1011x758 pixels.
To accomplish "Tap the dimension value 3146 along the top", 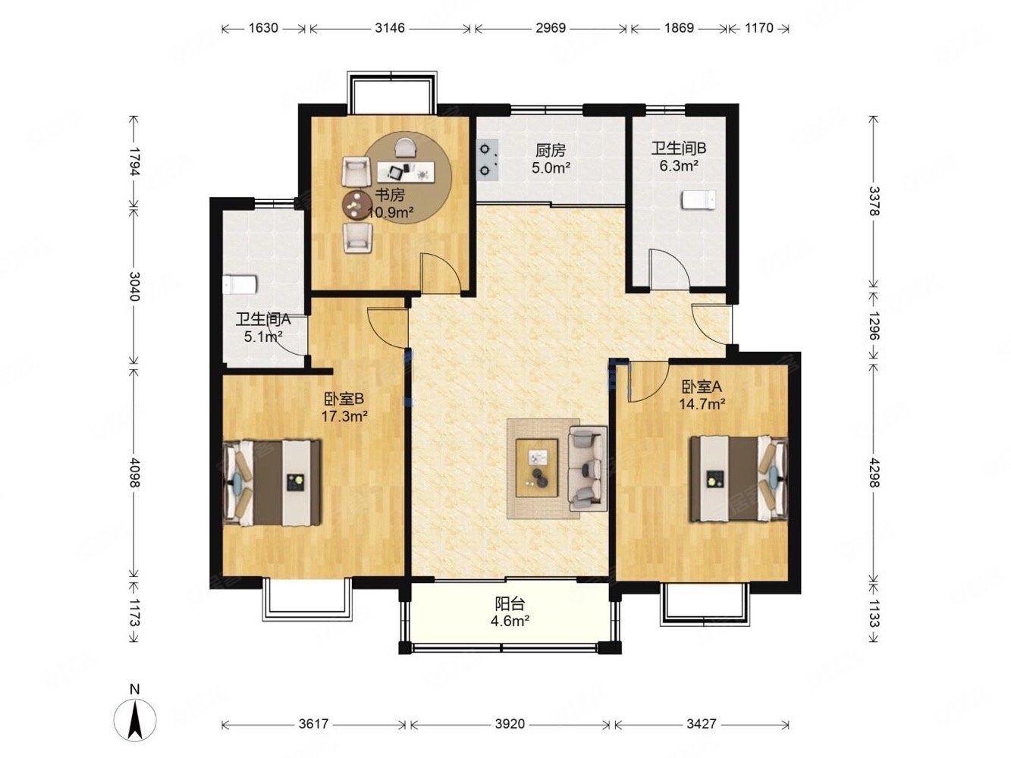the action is [x=390, y=28].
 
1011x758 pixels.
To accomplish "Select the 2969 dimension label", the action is [x=551, y=28].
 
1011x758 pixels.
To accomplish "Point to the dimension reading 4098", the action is [x=134, y=472].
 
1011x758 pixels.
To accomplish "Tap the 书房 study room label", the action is [x=390, y=195].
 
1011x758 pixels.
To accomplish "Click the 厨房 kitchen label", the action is [x=551, y=151].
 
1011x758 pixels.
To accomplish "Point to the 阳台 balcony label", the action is [x=510, y=604].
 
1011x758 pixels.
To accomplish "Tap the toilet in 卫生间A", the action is [x=240, y=285].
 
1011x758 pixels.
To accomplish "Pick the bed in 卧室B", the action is [x=272, y=483].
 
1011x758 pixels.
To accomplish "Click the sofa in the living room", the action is [x=587, y=468].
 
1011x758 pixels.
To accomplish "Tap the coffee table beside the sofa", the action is [x=536, y=468].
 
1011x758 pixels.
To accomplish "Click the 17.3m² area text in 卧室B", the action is [x=344, y=416].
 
